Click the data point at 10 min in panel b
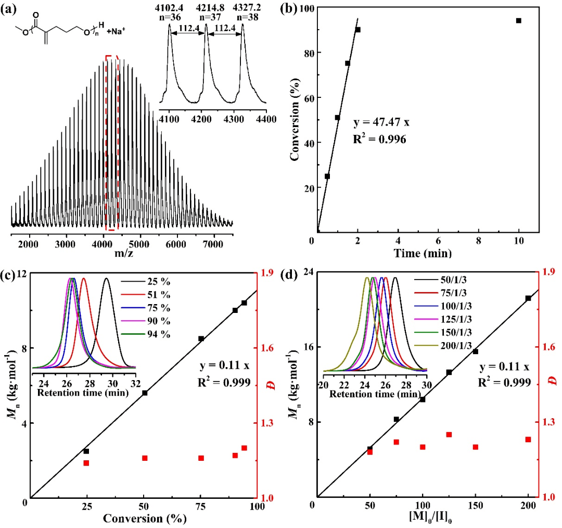click(x=518, y=21)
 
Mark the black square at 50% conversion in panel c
click(x=145, y=393)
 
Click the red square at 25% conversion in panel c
click(x=86, y=463)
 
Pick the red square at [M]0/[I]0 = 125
click(x=449, y=434)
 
